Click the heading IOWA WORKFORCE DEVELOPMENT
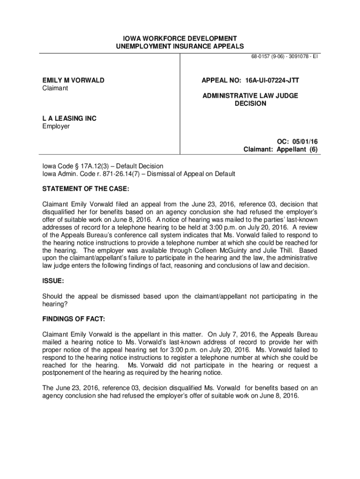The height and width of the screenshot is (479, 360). (x=180, y=38)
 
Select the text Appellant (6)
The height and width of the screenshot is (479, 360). (x=298, y=150)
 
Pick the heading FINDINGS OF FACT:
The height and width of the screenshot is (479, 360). (x=74, y=319)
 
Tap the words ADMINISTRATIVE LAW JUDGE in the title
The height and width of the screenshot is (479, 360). (x=250, y=95)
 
